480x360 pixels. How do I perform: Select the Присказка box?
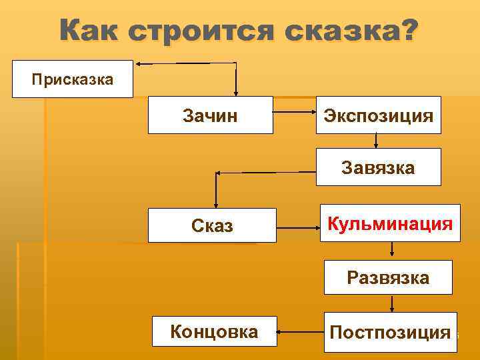pyautogui.click(x=73, y=79)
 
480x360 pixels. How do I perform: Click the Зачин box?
pyautogui.click(x=210, y=115)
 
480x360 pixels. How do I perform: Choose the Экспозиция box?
pyautogui.click(x=378, y=115)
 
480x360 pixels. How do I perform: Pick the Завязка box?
pyautogui.click(x=378, y=167)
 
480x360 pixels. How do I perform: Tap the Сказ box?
pyautogui.click(x=212, y=225)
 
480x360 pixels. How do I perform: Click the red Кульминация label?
pyautogui.click(x=390, y=223)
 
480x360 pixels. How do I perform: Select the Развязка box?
pyautogui.click(x=388, y=277)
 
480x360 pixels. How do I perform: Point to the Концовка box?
pyautogui.click(x=215, y=331)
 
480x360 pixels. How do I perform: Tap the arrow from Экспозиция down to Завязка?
pyautogui.click(x=377, y=141)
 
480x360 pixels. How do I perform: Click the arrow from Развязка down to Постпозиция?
pyautogui.click(x=392, y=303)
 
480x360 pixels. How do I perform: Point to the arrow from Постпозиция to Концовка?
pyautogui.click(x=300, y=330)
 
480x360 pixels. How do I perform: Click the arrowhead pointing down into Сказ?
pyautogui.click(x=216, y=205)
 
